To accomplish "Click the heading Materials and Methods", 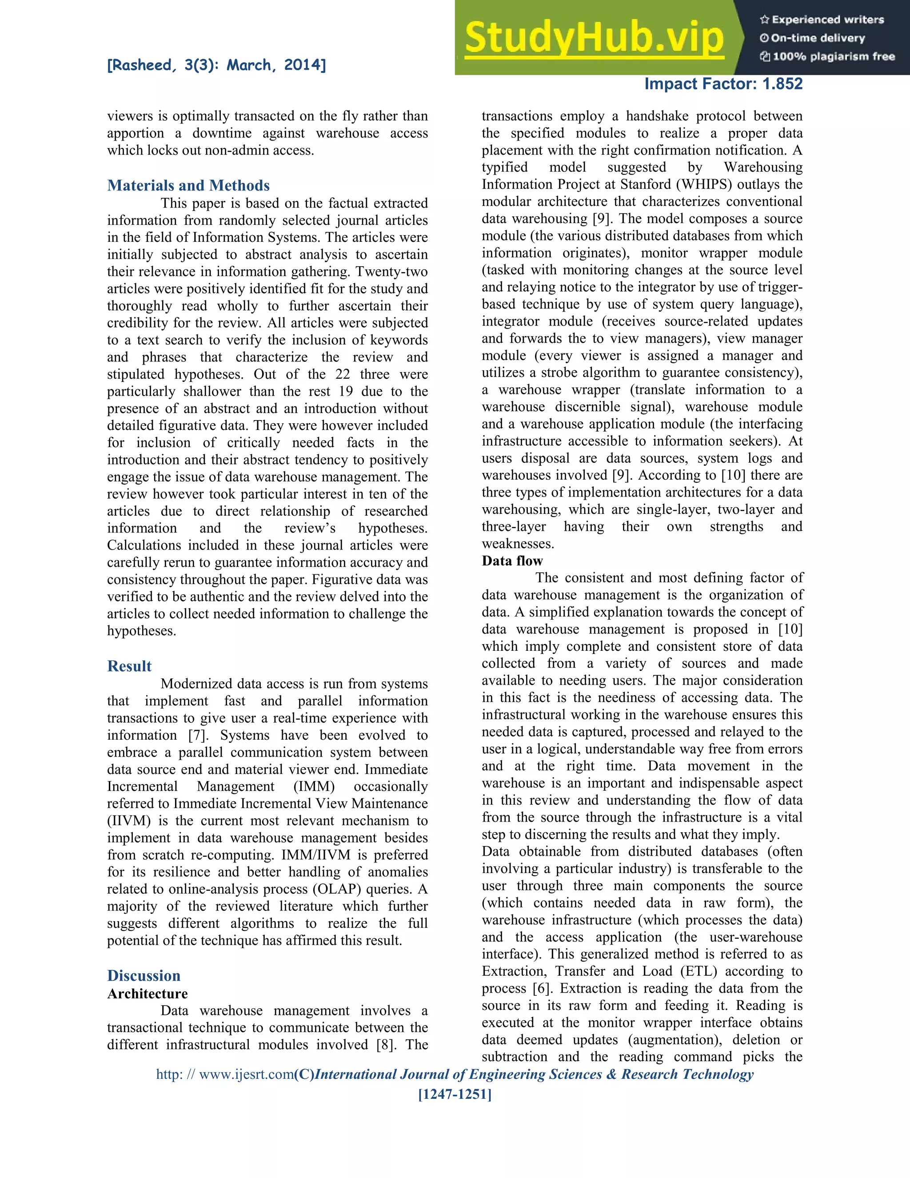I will [188, 185].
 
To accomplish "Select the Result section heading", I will [129, 666].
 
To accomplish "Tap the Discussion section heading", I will [144, 976].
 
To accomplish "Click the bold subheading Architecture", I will [147, 994].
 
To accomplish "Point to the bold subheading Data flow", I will [512, 561].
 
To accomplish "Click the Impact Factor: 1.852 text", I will [723, 84].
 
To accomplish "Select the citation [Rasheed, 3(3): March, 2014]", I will [216, 65].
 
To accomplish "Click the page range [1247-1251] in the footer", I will [455, 1094].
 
